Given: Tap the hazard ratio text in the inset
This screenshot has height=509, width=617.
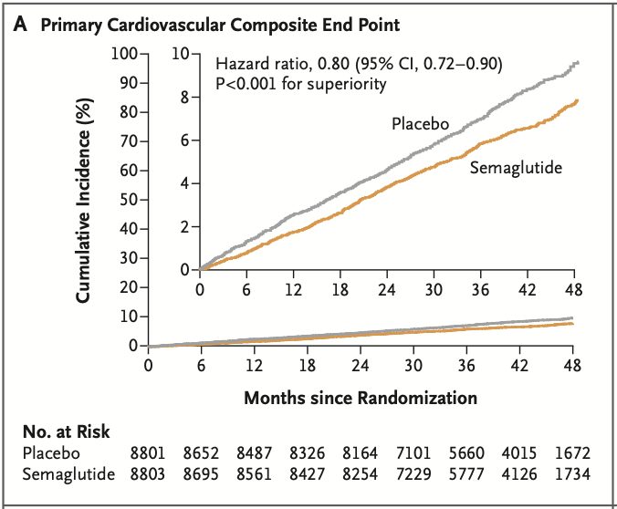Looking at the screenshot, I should [x=358, y=64].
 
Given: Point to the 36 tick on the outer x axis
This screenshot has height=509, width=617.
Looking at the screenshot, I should [x=466, y=366].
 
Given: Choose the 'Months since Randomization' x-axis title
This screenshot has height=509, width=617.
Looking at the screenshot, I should [x=361, y=398].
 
